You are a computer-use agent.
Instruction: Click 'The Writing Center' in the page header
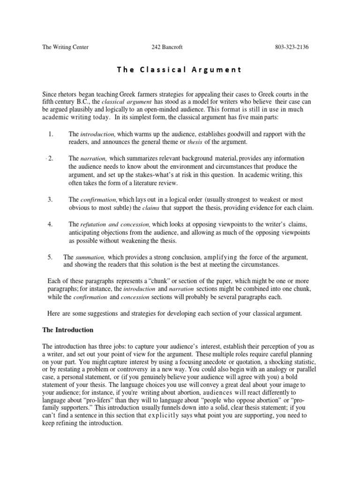pyautogui.click(x=65, y=47)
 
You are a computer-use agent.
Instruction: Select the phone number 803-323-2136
pyautogui.click(x=292, y=47)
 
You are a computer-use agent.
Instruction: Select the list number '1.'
pyautogui.click(x=51, y=135)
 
